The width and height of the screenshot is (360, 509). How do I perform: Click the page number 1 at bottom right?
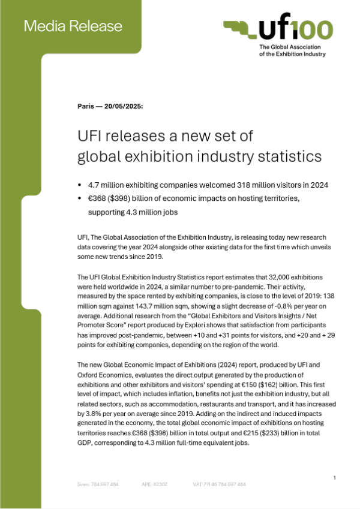click(x=334, y=477)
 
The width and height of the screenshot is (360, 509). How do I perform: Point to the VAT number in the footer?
click(x=220, y=484)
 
